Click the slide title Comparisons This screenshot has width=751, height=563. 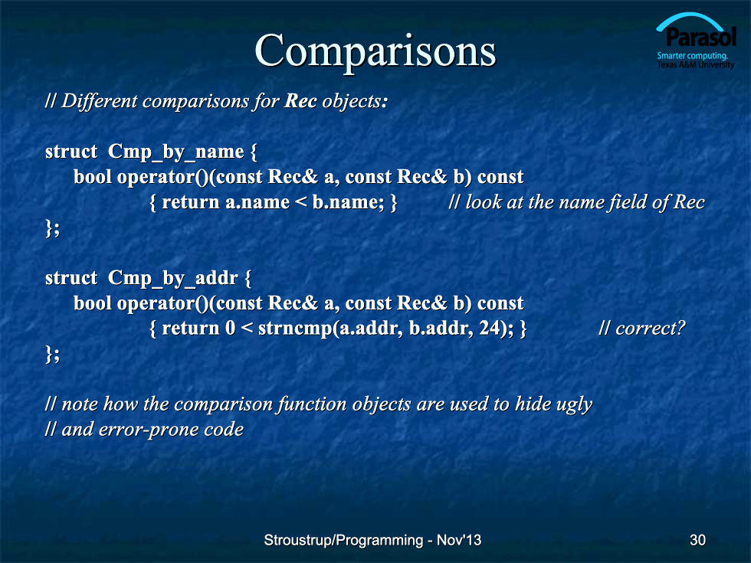(x=375, y=51)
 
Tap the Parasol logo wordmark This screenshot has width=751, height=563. (x=700, y=37)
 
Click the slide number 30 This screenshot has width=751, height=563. (x=697, y=540)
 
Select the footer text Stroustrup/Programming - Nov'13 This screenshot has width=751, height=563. (x=372, y=540)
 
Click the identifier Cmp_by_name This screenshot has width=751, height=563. (x=175, y=152)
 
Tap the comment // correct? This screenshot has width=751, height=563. (x=642, y=329)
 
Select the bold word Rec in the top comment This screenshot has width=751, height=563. (x=300, y=101)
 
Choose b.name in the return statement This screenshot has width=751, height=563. (x=346, y=202)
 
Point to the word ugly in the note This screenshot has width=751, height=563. (x=574, y=405)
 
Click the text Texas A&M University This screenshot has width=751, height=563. (x=696, y=64)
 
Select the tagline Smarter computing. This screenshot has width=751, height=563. (x=692, y=55)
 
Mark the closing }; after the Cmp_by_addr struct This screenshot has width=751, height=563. (x=53, y=354)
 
